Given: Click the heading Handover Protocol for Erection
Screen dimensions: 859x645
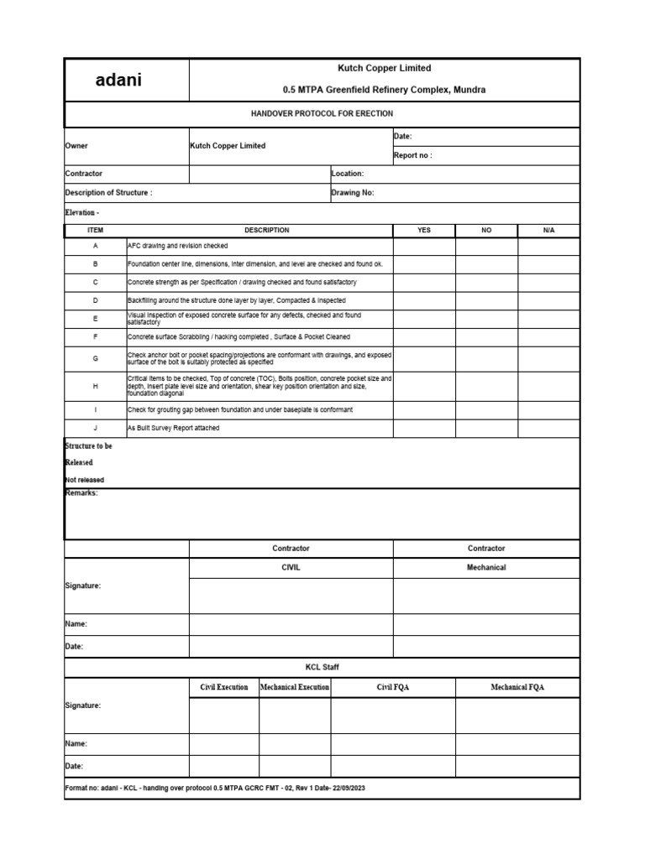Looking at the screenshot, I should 322,113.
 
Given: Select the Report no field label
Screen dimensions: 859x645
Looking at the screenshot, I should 413,155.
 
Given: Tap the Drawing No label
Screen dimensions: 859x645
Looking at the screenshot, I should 353,192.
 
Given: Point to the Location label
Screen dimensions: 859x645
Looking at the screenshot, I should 348,174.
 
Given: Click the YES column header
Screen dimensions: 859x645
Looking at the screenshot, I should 424,230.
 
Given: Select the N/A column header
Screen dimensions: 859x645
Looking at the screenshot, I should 548,230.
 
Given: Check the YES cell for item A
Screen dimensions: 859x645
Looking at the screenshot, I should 424,246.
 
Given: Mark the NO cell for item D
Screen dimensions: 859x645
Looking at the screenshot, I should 486,299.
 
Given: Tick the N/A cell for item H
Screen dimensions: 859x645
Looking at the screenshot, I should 548,385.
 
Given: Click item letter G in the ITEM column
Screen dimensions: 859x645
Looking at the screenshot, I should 95,357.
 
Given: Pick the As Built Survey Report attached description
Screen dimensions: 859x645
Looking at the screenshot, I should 174,428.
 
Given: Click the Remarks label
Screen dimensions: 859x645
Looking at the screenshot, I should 81,493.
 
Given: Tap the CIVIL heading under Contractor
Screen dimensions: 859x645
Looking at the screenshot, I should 291,568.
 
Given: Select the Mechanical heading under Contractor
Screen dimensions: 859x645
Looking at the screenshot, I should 486,568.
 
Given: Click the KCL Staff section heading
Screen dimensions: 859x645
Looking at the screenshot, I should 322,667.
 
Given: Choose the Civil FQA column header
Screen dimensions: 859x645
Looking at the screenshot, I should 393,687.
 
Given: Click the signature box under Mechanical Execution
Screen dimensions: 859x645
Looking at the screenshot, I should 294,715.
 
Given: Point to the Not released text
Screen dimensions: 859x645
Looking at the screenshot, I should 85,480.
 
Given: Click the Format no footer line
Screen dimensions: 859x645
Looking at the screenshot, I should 214,789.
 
